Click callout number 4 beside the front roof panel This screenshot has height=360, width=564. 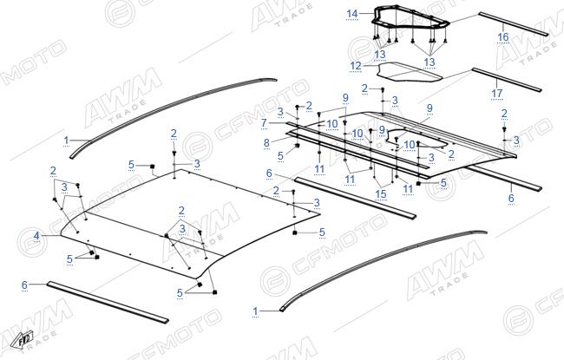[36, 236]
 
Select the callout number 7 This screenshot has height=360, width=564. [264, 123]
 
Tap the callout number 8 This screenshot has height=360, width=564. [266, 143]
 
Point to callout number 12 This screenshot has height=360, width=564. [356, 66]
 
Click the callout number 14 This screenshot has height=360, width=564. [352, 14]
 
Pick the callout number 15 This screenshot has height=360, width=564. [381, 194]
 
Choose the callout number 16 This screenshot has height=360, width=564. [503, 36]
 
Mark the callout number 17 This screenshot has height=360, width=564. [496, 93]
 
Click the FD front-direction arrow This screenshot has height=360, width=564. [22, 339]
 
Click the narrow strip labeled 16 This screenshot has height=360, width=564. [514, 24]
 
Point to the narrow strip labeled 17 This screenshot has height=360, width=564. [507, 80]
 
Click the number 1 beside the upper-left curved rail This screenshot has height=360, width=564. [66, 141]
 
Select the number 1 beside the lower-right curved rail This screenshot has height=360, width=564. [255, 311]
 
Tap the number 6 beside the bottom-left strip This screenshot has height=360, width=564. [24, 285]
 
